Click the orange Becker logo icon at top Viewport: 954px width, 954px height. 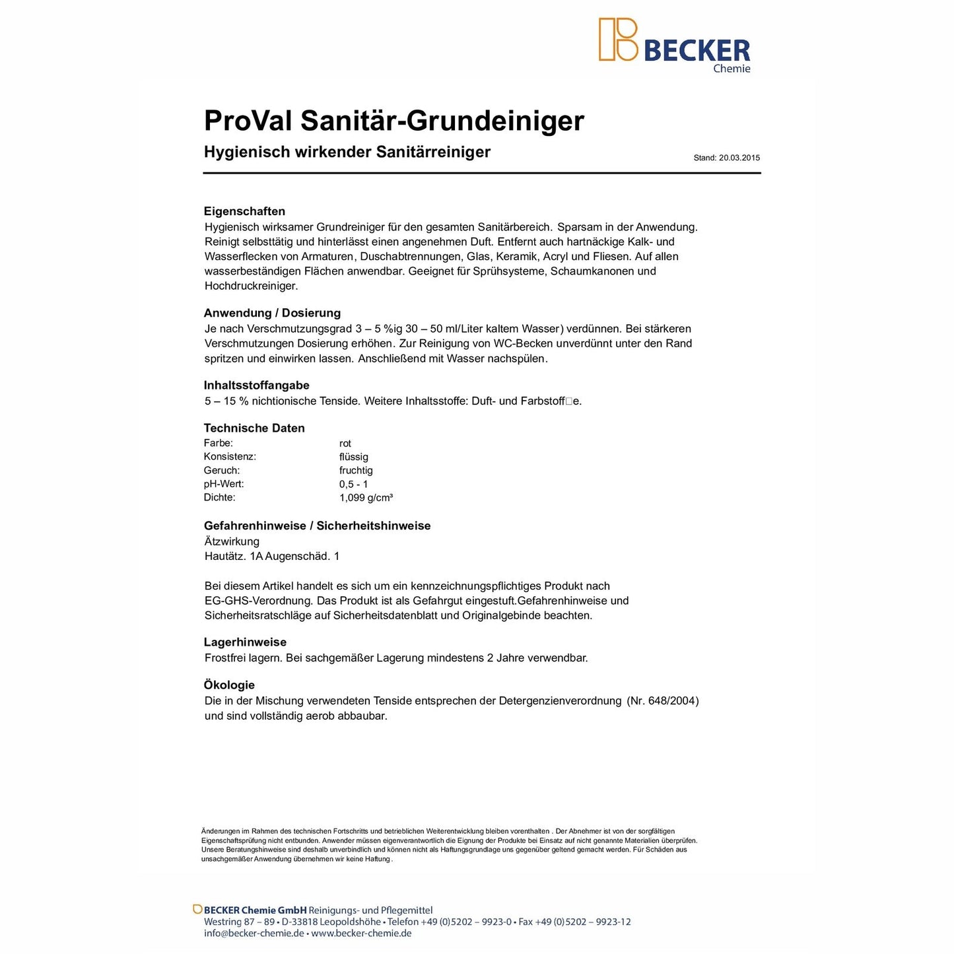[x=618, y=40]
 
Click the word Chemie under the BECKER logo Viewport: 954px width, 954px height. [x=732, y=69]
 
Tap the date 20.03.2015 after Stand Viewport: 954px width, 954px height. [x=739, y=158]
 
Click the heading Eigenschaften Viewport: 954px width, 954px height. [x=244, y=211]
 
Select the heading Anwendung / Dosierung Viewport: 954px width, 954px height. [x=272, y=313]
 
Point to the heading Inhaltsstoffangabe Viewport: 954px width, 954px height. [x=256, y=386]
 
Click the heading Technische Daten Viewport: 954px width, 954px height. [x=254, y=428]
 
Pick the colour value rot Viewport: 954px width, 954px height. [x=345, y=444]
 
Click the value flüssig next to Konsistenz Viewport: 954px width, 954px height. [x=354, y=457]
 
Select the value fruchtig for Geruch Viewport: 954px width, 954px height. [x=356, y=471]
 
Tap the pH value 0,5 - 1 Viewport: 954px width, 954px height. [x=353, y=484]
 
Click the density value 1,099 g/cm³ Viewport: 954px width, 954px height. [x=366, y=498]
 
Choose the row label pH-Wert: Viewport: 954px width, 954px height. [x=224, y=484]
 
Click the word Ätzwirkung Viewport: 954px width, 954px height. [x=232, y=541]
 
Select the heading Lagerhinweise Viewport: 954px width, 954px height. [x=245, y=642]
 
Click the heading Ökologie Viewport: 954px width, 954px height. [x=229, y=685]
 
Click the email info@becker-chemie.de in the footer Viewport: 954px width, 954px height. [x=254, y=934]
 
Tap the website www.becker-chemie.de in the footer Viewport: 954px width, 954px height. [x=361, y=934]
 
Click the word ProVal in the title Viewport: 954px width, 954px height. [x=248, y=121]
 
